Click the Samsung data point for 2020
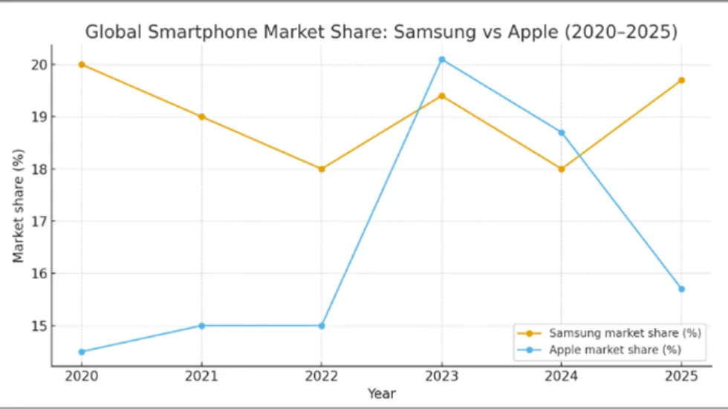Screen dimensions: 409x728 pyautogui.click(x=81, y=65)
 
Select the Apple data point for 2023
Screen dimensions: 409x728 pyautogui.click(x=441, y=59)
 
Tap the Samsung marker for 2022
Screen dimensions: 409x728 pyautogui.click(x=322, y=168)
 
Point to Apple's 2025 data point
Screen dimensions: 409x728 pyautogui.click(x=681, y=289)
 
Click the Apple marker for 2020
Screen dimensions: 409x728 pyautogui.click(x=81, y=352)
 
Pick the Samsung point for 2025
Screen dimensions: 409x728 pyautogui.click(x=681, y=80)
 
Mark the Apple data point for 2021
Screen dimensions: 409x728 pyautogui.click(x=201, y=325)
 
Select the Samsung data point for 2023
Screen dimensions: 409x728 pyautogui.click(x=441, y=96)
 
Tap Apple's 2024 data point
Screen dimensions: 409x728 pyautogui.click(x=562, y=132)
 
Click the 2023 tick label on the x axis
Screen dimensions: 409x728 pyautogui.click(x=441, y=376)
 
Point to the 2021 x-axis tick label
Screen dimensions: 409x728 pyautogui.click(x=201, y=376)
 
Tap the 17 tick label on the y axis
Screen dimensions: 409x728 pyautogui.click(x=38, y=221)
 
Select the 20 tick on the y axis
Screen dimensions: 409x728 pyautogui.click(x=38, y=65)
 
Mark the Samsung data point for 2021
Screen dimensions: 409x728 pyautogui.click(x=201, y=117)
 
